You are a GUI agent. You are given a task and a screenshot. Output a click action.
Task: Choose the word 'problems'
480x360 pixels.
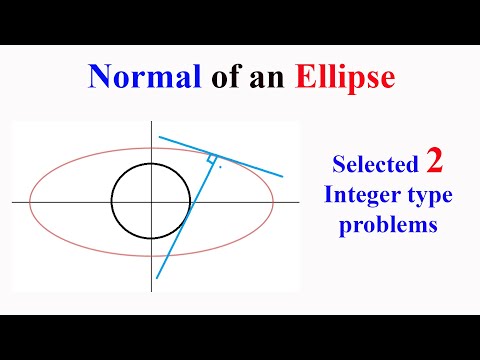coord(388,226)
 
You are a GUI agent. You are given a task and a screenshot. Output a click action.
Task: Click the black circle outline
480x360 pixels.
coord(112,203)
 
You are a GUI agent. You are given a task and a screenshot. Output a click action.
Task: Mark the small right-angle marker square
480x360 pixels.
coord(211,159)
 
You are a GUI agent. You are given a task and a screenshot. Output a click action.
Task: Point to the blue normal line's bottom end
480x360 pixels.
coord(159,278)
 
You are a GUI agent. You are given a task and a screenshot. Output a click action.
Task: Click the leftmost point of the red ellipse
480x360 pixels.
coord(31,202)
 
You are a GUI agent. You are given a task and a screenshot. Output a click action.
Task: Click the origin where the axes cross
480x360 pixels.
coord(152,202)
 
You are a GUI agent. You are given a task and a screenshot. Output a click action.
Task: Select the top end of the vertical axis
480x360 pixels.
coord(152,125)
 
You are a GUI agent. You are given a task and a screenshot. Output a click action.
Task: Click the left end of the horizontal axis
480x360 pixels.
coord(13,202)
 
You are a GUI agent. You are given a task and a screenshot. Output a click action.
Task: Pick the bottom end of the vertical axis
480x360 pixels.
coord(152,291)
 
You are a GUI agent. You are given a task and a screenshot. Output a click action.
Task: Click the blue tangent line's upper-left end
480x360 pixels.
coord(158,137)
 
